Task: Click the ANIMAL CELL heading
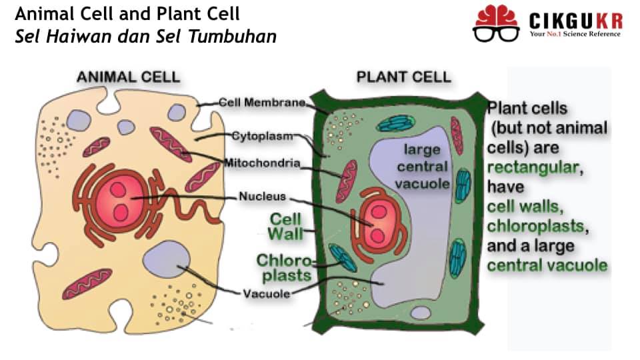128,77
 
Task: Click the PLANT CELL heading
404,77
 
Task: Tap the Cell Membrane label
262,103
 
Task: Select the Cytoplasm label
263,136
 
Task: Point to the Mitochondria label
263,163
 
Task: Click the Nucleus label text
263,196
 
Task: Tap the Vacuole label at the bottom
267,293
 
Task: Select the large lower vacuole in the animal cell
167,259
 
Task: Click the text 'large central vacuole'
422,167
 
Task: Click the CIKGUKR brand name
576,21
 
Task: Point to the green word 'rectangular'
535,167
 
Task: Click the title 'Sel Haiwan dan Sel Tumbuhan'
146,36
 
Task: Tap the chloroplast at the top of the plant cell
395,123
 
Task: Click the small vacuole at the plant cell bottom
421,313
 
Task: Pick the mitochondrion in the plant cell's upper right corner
457,136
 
